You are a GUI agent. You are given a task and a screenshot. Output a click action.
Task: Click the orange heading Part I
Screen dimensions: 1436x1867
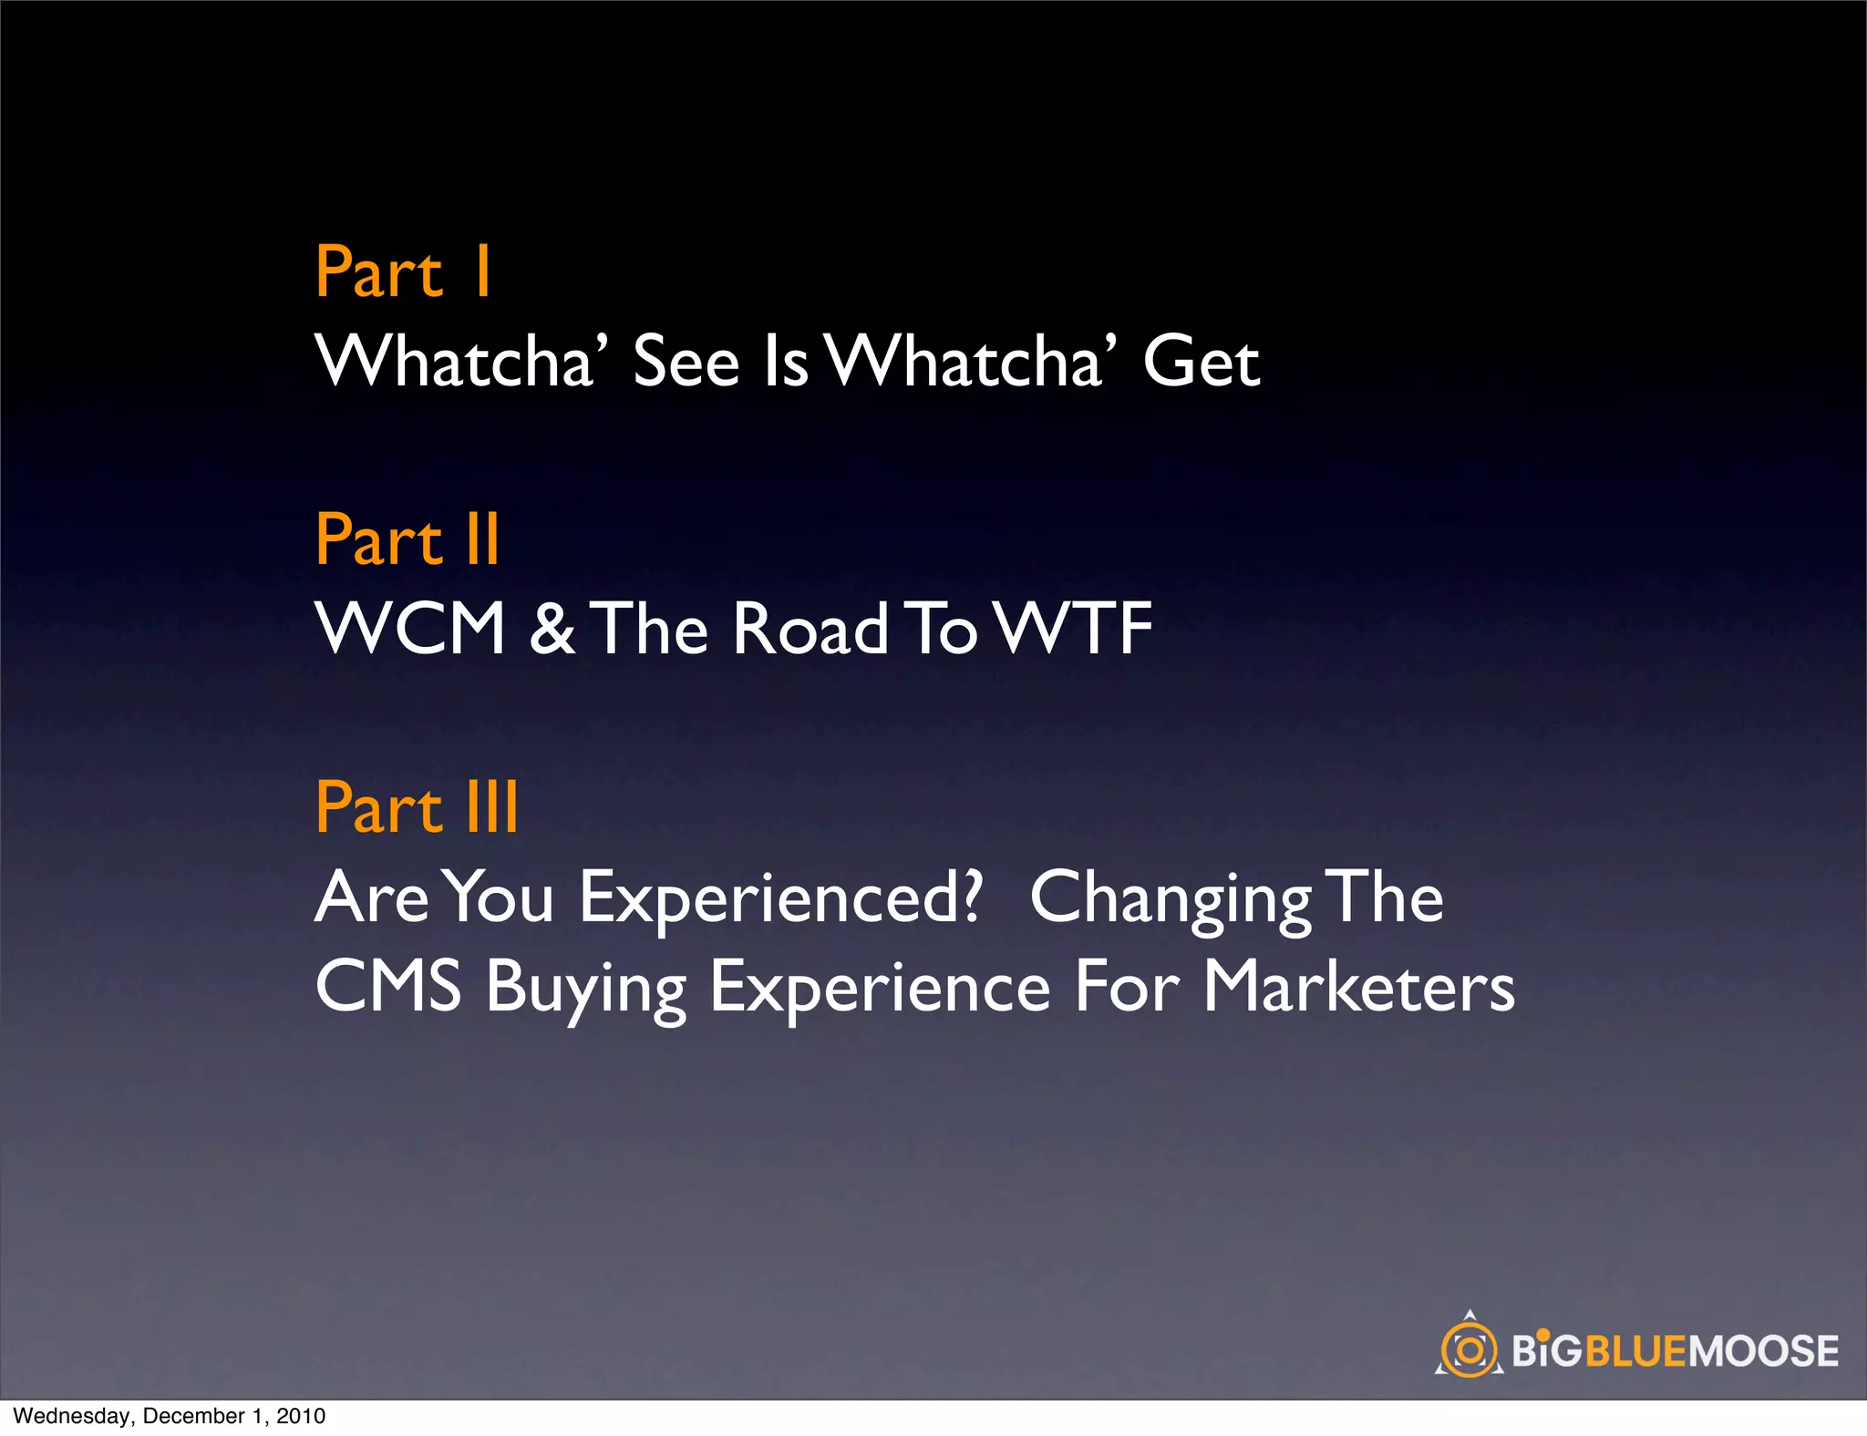403,272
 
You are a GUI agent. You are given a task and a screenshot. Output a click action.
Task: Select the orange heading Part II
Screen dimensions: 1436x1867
407,539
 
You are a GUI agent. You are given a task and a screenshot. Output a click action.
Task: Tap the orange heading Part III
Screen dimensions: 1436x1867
417,807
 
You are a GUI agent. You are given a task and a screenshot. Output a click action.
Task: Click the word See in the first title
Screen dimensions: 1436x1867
686,362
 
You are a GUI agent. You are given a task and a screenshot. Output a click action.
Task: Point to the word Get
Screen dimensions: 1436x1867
1201,362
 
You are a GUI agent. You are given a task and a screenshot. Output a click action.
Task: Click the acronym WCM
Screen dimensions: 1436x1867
410,629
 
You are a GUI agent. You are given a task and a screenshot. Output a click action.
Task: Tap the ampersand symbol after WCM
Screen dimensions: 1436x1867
552,629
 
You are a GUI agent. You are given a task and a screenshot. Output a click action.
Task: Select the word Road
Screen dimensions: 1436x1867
810,629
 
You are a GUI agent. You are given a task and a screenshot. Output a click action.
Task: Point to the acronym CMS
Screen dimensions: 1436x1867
388,987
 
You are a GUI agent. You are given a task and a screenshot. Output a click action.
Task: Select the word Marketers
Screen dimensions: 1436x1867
1358,987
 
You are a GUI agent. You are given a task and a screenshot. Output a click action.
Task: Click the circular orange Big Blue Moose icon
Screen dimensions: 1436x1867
1469,1349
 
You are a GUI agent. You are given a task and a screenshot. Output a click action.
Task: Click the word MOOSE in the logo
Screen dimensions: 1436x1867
1764,1350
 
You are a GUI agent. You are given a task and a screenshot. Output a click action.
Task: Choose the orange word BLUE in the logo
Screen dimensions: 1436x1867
1637,1350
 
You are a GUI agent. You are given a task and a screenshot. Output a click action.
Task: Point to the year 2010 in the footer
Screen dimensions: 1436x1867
301,1416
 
